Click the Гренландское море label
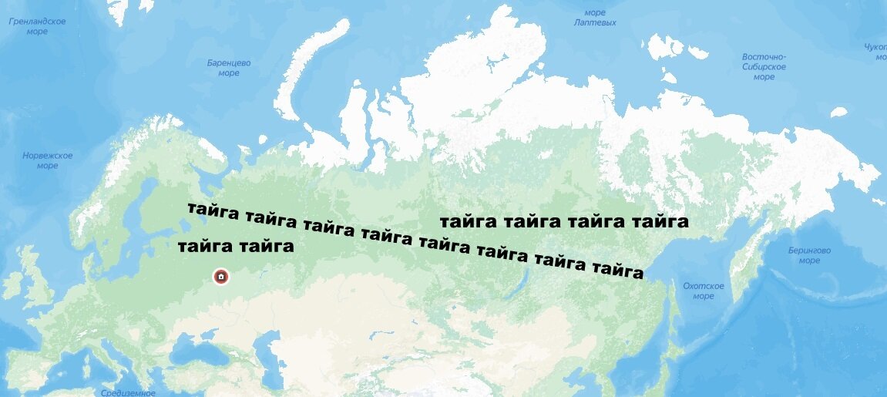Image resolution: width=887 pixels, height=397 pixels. pyautogui.click(x=37, y=26)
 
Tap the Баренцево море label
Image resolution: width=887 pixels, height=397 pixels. pyautogui.click(x=229, y=68)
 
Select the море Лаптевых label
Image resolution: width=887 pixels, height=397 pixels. pyautogui.click(x=595, y=18)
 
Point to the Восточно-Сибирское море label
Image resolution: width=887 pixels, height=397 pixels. pyautogui.click(x=764, y=66)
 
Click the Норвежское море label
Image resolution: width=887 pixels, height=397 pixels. pyautogui.click(x=47, y=160)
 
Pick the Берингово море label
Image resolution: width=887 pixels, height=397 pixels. pyautogui.click(x=809, y=255)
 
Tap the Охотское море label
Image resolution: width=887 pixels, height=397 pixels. pyautogui.click(x=703, y=291)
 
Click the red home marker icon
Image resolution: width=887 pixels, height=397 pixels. pyautogui.click(x=221, y=276)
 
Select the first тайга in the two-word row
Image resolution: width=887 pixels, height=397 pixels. pyautogui.click(x=205, y=247)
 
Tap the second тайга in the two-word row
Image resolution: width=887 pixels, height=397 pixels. pyautogui.click(x=267, y=247)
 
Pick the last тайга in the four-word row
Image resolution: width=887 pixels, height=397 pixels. pyautogui.click(x=660, y=222)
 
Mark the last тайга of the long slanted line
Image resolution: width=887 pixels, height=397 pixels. pyautogui.click(x=617, y=270)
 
